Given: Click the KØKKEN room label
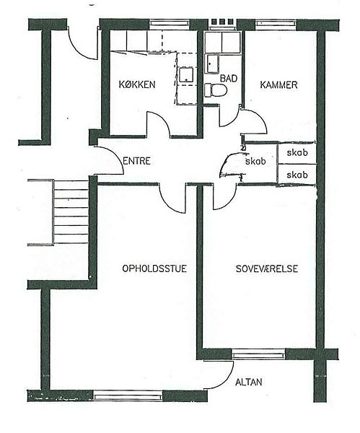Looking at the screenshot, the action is click(137, 84).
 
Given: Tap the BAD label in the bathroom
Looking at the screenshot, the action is click(228, 79).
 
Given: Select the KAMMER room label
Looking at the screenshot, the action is click(278, 84).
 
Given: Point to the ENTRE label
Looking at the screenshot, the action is click(136, 161).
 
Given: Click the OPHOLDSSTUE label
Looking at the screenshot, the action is click(154, 268).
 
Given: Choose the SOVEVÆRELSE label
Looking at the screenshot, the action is click(267, 268).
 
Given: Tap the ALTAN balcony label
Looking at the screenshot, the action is click(248, 382).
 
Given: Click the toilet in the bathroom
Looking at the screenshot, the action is click(215, 90).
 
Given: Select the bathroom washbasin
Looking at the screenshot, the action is click(211, 64).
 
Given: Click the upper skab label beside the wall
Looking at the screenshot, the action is click(297, 153).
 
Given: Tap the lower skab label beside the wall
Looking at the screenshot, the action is click(297, 175).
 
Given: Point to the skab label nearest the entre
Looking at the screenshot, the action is click(255, 161).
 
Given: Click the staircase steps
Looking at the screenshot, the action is click(71, 211).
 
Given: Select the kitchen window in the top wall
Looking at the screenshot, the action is click(170, 24).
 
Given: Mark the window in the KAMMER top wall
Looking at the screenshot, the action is click(276, 24).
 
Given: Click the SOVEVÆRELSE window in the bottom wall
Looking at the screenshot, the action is click(258, 354).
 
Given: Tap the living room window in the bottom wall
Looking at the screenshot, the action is click(128, 395).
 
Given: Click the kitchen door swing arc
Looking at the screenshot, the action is click(163, 118).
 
